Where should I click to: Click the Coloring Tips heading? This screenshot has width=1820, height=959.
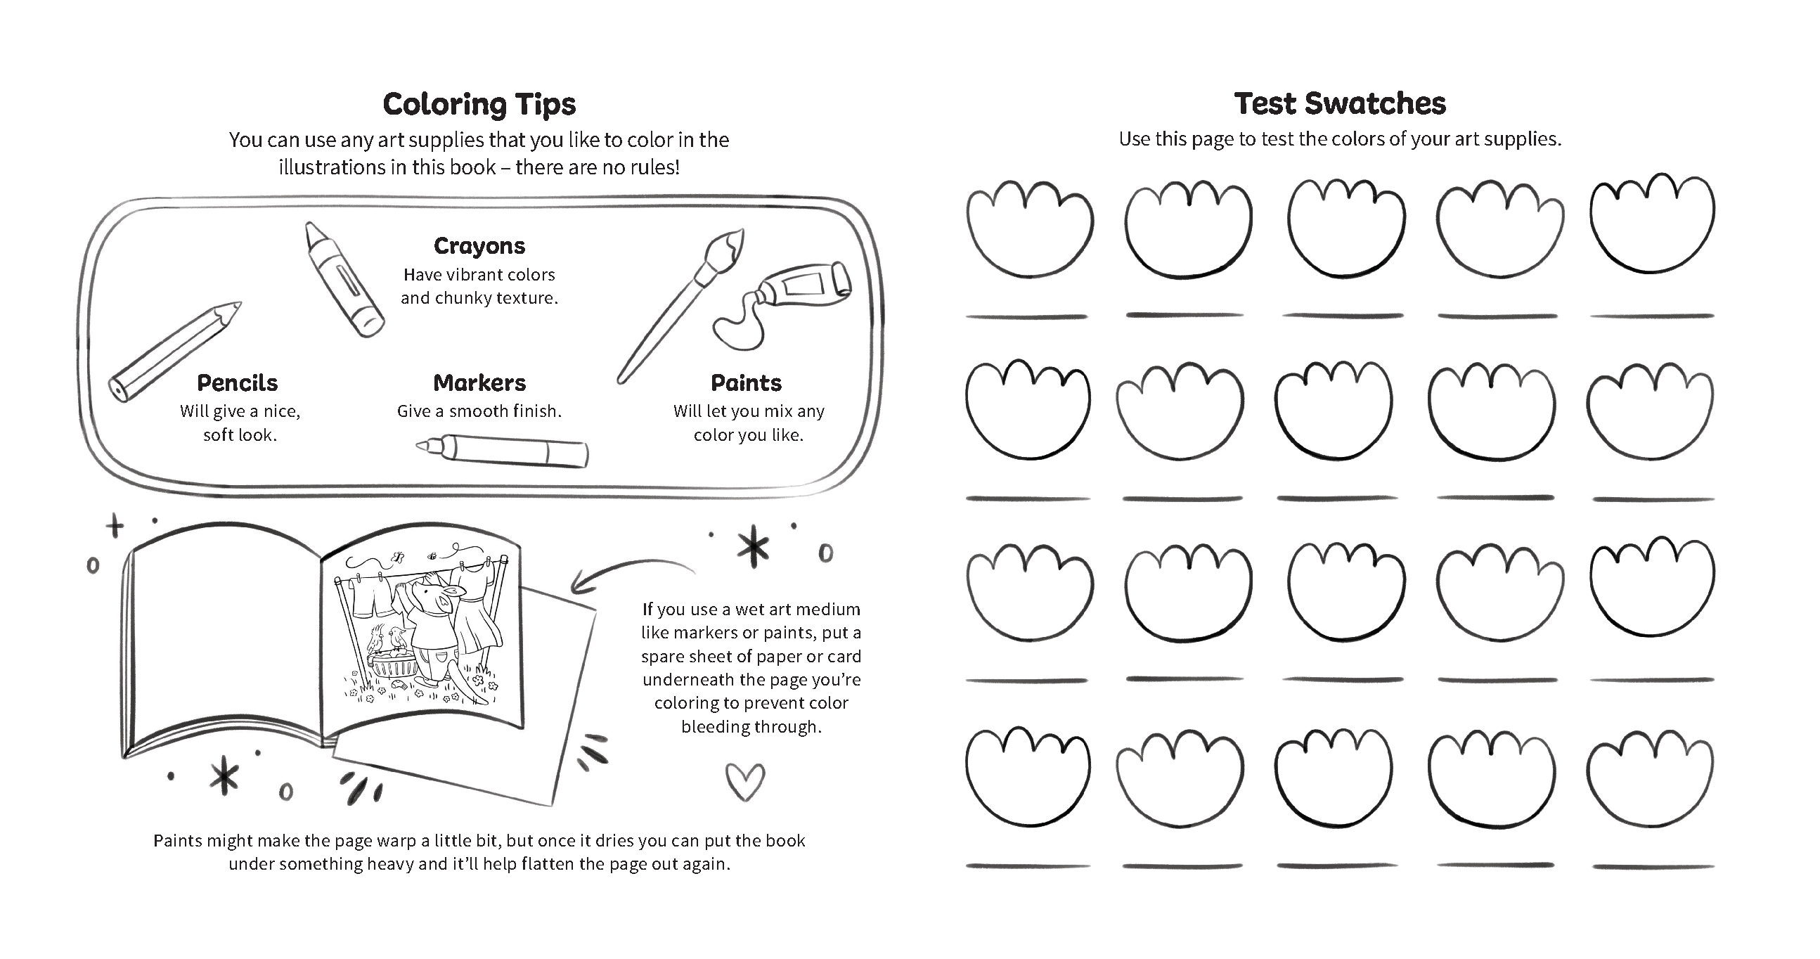(479, 104)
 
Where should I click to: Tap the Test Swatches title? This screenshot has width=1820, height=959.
(1340, 103)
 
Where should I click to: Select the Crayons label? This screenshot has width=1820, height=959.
(479, 246)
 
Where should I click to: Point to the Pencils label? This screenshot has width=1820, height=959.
(238, 383)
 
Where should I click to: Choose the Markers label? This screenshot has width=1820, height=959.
(479, 383)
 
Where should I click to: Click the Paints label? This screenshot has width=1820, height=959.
(746, 383)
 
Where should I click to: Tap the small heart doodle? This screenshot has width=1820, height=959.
(744, 780)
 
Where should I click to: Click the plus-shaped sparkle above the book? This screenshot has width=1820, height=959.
(115, 526)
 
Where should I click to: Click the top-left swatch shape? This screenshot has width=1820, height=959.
(1028, 228)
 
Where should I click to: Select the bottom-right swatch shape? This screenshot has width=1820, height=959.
(1649, 778)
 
